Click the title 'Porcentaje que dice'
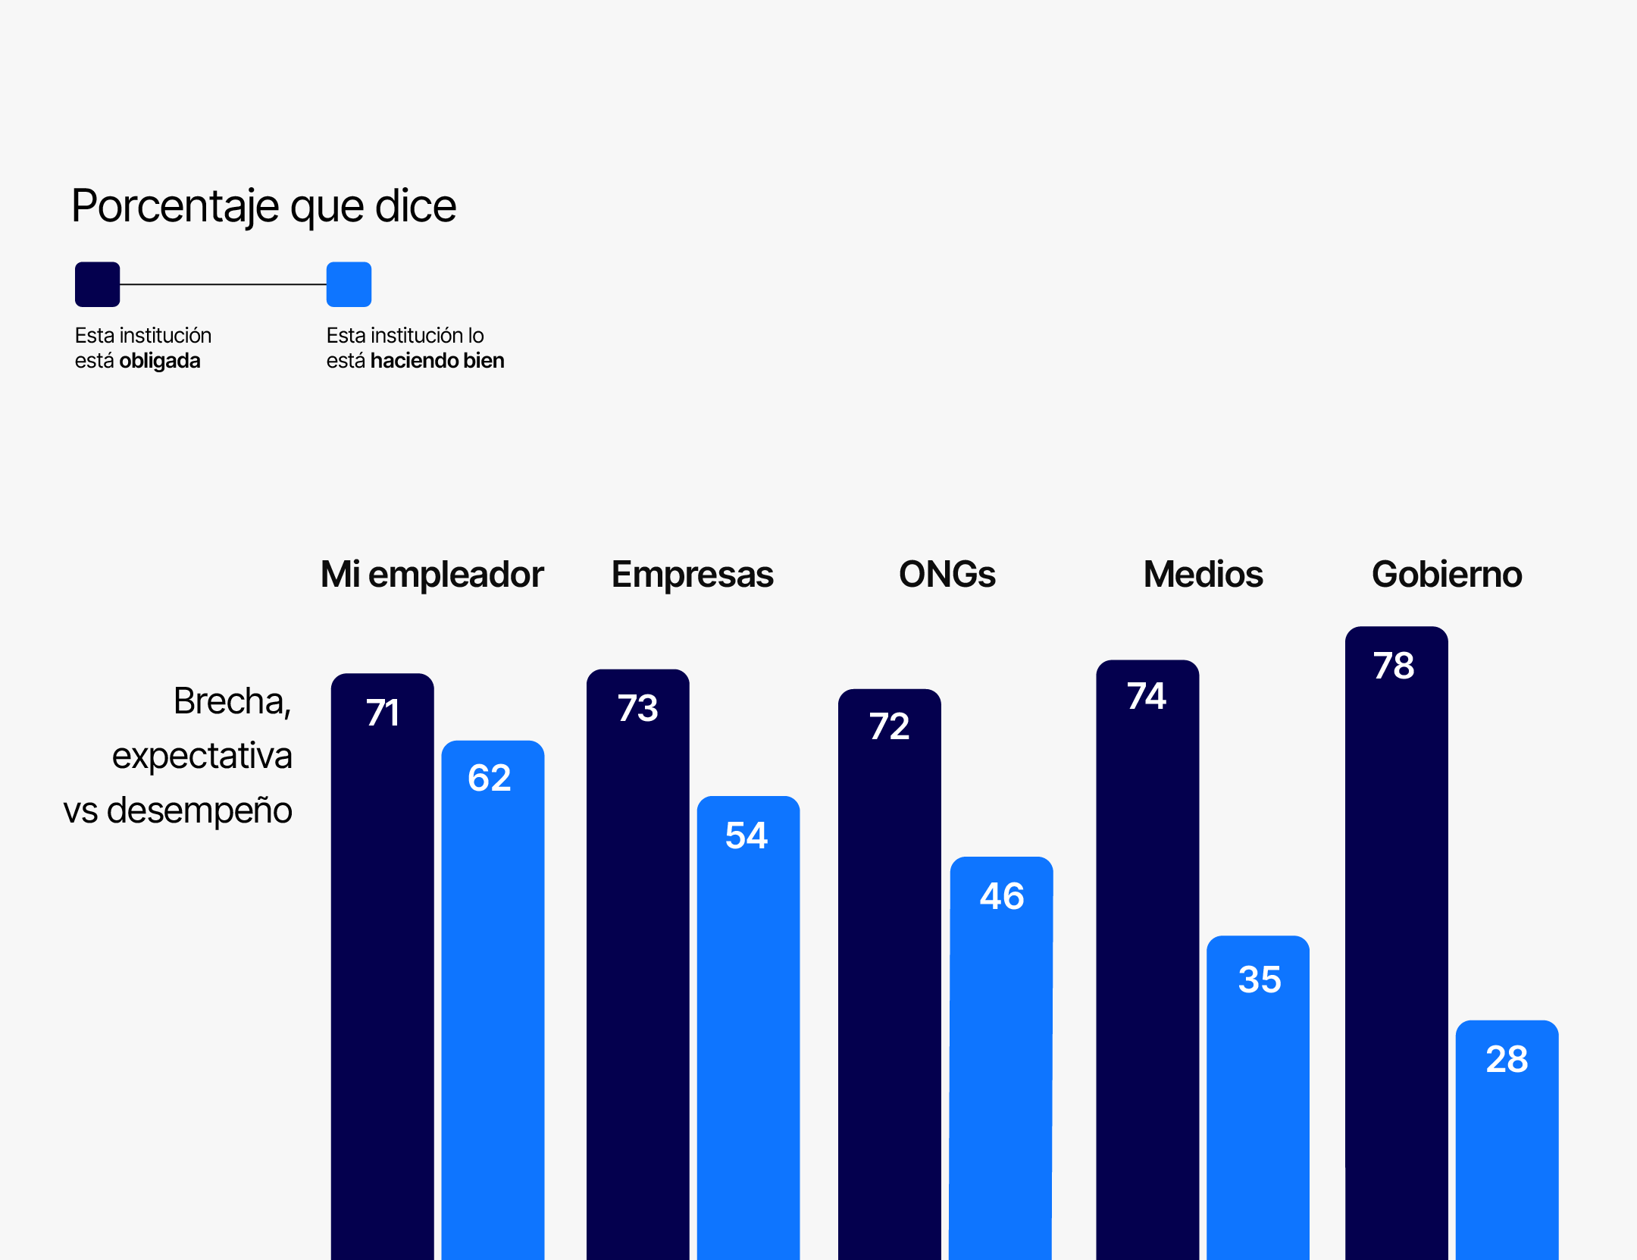264,206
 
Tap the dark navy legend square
97,284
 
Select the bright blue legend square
349,284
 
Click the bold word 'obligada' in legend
159,361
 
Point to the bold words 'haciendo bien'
437,361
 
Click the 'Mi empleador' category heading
431,575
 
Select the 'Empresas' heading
692,575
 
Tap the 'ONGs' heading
947,575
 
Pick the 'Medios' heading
1203,575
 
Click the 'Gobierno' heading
1446,575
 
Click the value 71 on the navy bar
383,713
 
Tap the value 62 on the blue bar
490,779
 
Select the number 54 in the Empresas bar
747,836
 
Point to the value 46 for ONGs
1002,897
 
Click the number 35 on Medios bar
1259,979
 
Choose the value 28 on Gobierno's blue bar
1507,1060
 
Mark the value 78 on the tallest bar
1394,666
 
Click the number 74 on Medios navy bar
1147,697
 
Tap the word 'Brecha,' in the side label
232,701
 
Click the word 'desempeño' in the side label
199,811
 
